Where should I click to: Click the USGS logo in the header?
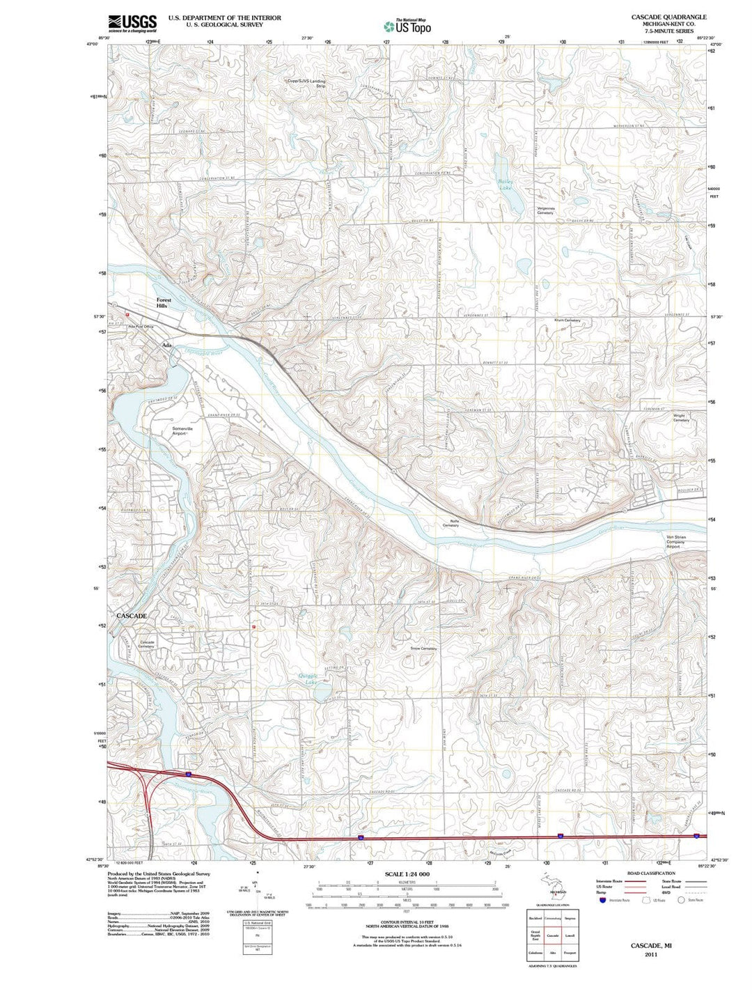(132, 24)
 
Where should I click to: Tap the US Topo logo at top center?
(407, 26)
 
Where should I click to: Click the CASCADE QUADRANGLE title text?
(668, 17)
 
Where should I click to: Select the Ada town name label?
(166, 345)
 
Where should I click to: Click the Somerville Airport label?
(182, 430)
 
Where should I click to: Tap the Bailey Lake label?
(505, 185)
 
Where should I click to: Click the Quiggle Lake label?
(308, 678)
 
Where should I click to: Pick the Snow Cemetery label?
(423, 649)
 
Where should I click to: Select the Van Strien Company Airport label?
(676, 541)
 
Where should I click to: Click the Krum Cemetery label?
(567, 320)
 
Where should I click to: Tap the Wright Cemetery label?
(681, 418)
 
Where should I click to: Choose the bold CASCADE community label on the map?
(132, 616)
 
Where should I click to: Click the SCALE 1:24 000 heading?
(407, 873)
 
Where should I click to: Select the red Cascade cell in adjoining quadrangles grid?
(553, 935)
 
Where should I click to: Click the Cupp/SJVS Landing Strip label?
(306, 83)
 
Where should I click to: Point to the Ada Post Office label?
(140, 327)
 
